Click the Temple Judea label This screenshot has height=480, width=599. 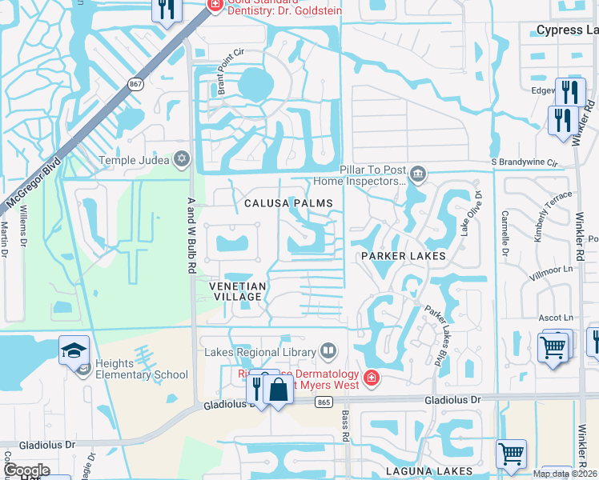point(135,160)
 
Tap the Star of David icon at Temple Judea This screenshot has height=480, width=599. point(183,160)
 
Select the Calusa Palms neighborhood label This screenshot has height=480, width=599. point(288,203)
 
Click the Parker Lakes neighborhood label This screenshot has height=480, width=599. point(403,256)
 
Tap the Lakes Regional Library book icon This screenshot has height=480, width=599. point(328,351)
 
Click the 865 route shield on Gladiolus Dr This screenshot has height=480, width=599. point(324,402)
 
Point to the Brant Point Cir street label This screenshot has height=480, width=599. point(229,72)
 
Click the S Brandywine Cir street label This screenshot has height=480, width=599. point(524,162)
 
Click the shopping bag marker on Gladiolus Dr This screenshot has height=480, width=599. point(279,390)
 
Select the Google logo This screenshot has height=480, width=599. point(27,470)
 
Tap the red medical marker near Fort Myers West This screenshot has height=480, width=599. point(372,377)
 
